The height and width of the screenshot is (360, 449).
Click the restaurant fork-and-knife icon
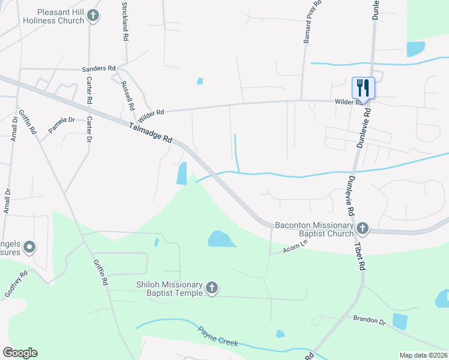click(x=363, y=88)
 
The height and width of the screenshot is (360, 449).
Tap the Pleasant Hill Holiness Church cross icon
click(x=92, y=16)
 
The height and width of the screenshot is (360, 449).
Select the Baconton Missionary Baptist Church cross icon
click(x=362, y=228)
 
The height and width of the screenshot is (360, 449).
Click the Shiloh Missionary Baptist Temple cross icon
click(x=211, y=289)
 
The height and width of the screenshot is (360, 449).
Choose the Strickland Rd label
click(x=125, y=22)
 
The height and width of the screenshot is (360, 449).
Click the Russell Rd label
click(x=127, y=96)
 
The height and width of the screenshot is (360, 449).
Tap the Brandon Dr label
click(x=369, y=319)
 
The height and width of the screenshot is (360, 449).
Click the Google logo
click(x=20, y=353)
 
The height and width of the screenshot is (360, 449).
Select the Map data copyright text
click(x=423, y=355)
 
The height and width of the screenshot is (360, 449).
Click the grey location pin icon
click(x=29, y=247)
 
